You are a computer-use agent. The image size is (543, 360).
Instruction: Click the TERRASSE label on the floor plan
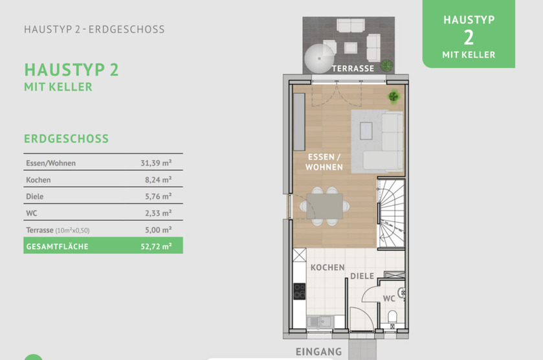click(x=353, y=68)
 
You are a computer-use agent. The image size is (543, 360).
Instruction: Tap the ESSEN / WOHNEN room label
click(x=326, y=162)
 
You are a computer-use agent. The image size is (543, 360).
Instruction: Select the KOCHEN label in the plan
click(x=327, y=267)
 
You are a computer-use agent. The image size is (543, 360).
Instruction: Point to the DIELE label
click(x=362, y=276)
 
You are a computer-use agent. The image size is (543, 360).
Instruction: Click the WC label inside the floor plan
click(x=389, y=298)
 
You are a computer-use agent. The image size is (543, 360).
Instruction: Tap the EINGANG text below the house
click(x=318, y=352)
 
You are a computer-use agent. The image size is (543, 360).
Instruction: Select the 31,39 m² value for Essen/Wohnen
click(x=156, y=163)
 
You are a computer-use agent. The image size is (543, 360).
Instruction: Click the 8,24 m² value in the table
click(x=158, y=180)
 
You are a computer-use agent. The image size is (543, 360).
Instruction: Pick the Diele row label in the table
click(x=35, y=196)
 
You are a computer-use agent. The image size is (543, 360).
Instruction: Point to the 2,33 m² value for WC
click(x=158, y=213)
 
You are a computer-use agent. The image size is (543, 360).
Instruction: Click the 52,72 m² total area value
click(x=156, y=246)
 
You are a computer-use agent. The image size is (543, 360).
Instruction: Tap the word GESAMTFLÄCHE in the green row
click(x=57, y=246)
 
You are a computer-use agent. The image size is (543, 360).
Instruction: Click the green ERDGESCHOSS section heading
click(x=66, y=139)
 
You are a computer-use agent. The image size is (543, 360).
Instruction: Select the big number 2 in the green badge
click(x=469, y=37)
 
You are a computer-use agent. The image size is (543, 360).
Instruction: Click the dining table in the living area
click(x=322, y=207)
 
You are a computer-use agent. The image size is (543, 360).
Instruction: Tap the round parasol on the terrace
click(x=318, y=56)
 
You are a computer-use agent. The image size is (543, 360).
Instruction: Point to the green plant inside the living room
click(x=393, y=96)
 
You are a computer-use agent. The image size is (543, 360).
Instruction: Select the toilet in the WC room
click(x=392, y=317)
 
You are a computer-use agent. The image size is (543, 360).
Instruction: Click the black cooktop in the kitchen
click(x=300, y=291)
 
